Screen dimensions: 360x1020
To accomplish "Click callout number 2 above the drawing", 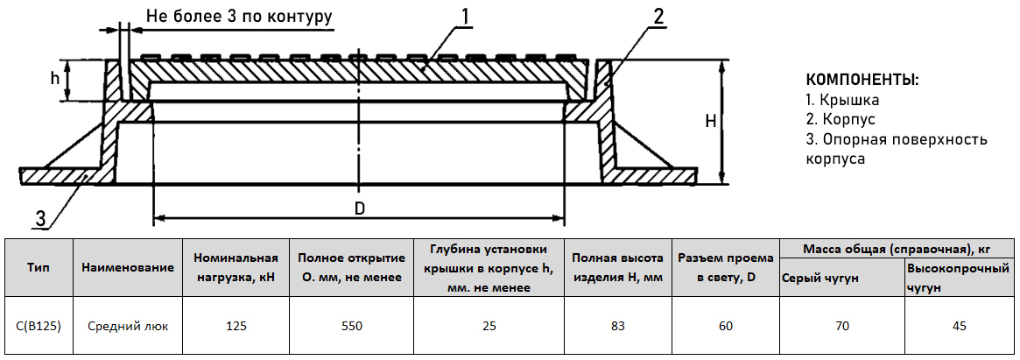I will tap(658, 16).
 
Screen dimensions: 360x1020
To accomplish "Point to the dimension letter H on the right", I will tap(711, 122).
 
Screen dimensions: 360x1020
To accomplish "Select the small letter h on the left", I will tap(54, 78).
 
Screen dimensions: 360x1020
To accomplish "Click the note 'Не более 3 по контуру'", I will tap(239, 17).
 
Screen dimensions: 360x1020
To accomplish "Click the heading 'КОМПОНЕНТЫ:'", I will tap(862, 80).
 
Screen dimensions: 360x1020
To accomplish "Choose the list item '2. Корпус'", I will tap(840, 119).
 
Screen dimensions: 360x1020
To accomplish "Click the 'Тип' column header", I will tap(39, 266).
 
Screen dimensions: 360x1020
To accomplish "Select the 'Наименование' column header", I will tap(128, 266).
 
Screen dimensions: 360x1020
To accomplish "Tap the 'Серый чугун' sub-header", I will tap(820, 278).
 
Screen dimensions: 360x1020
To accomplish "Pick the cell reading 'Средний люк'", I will tap(128, 326).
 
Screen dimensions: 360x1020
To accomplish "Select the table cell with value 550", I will tap(351, 326).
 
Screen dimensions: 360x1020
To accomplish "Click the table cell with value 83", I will tap(616, 326).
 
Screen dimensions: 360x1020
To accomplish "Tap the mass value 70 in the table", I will tap(841, 326).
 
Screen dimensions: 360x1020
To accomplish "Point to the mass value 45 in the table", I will tap(959, 326).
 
